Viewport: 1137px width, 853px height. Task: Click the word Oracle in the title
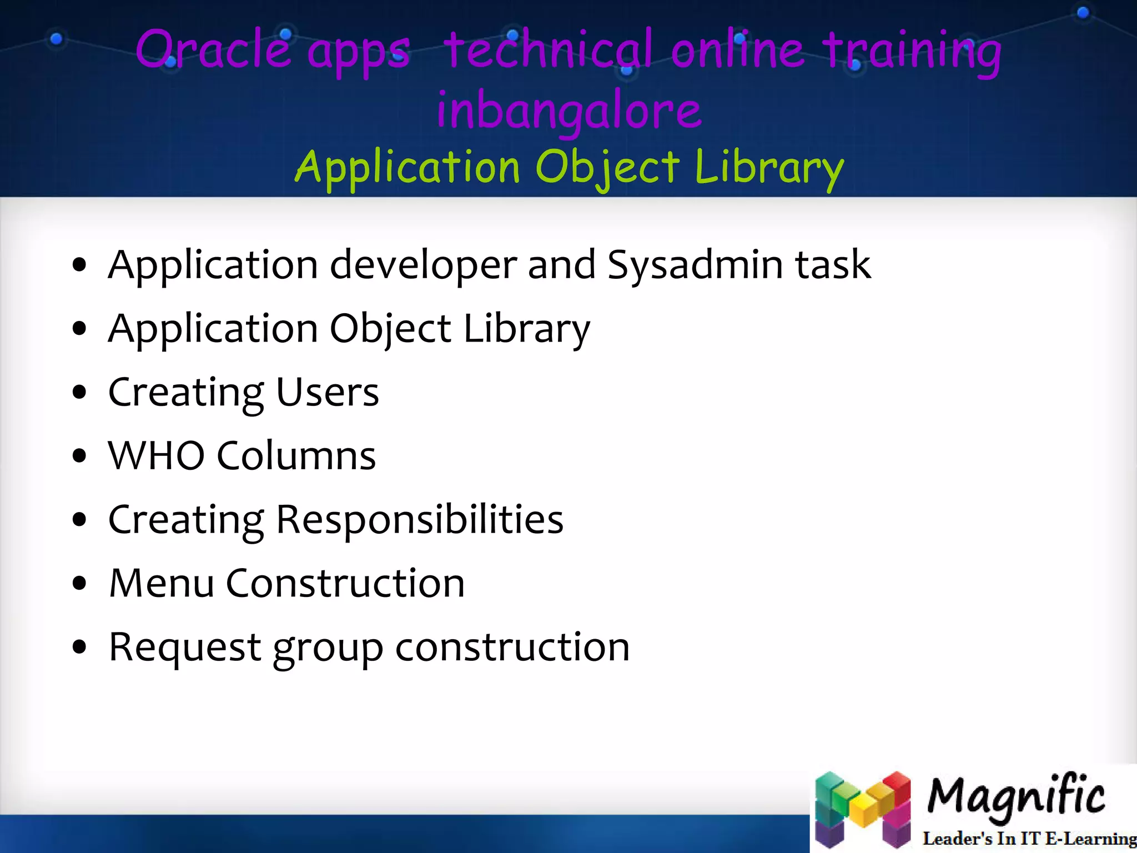213,50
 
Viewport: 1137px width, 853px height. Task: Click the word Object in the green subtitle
607,167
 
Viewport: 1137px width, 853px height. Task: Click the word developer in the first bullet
423,265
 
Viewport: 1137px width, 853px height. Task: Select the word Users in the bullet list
327,393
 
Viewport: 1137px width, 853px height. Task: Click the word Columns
296,456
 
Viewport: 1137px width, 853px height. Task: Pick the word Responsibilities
419,520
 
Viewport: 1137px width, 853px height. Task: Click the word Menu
162,584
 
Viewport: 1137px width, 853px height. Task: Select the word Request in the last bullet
185,648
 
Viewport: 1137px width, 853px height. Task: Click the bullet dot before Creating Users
80,393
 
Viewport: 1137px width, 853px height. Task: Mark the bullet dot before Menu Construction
80,584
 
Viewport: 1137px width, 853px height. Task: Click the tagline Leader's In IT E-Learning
1028,838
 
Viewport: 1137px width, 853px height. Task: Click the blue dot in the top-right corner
1083,13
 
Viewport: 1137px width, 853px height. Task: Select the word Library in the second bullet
526,329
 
